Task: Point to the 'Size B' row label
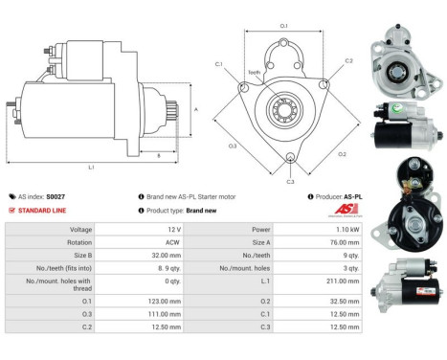click(x=80, y=257)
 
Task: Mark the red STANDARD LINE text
click(x=45, y=210)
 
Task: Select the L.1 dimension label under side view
click(x=91, y=167)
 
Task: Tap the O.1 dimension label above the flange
click(x=283, y=25)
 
